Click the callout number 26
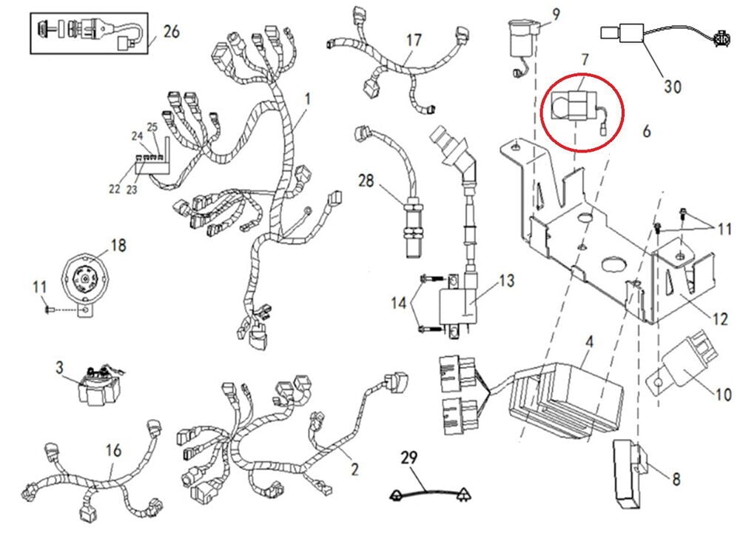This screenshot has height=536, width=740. click(171, 33)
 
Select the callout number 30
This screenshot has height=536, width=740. click(672, 86)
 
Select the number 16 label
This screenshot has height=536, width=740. click(113, 449)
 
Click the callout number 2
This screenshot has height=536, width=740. click(354, 469)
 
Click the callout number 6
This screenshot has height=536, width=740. click(646, 131)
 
